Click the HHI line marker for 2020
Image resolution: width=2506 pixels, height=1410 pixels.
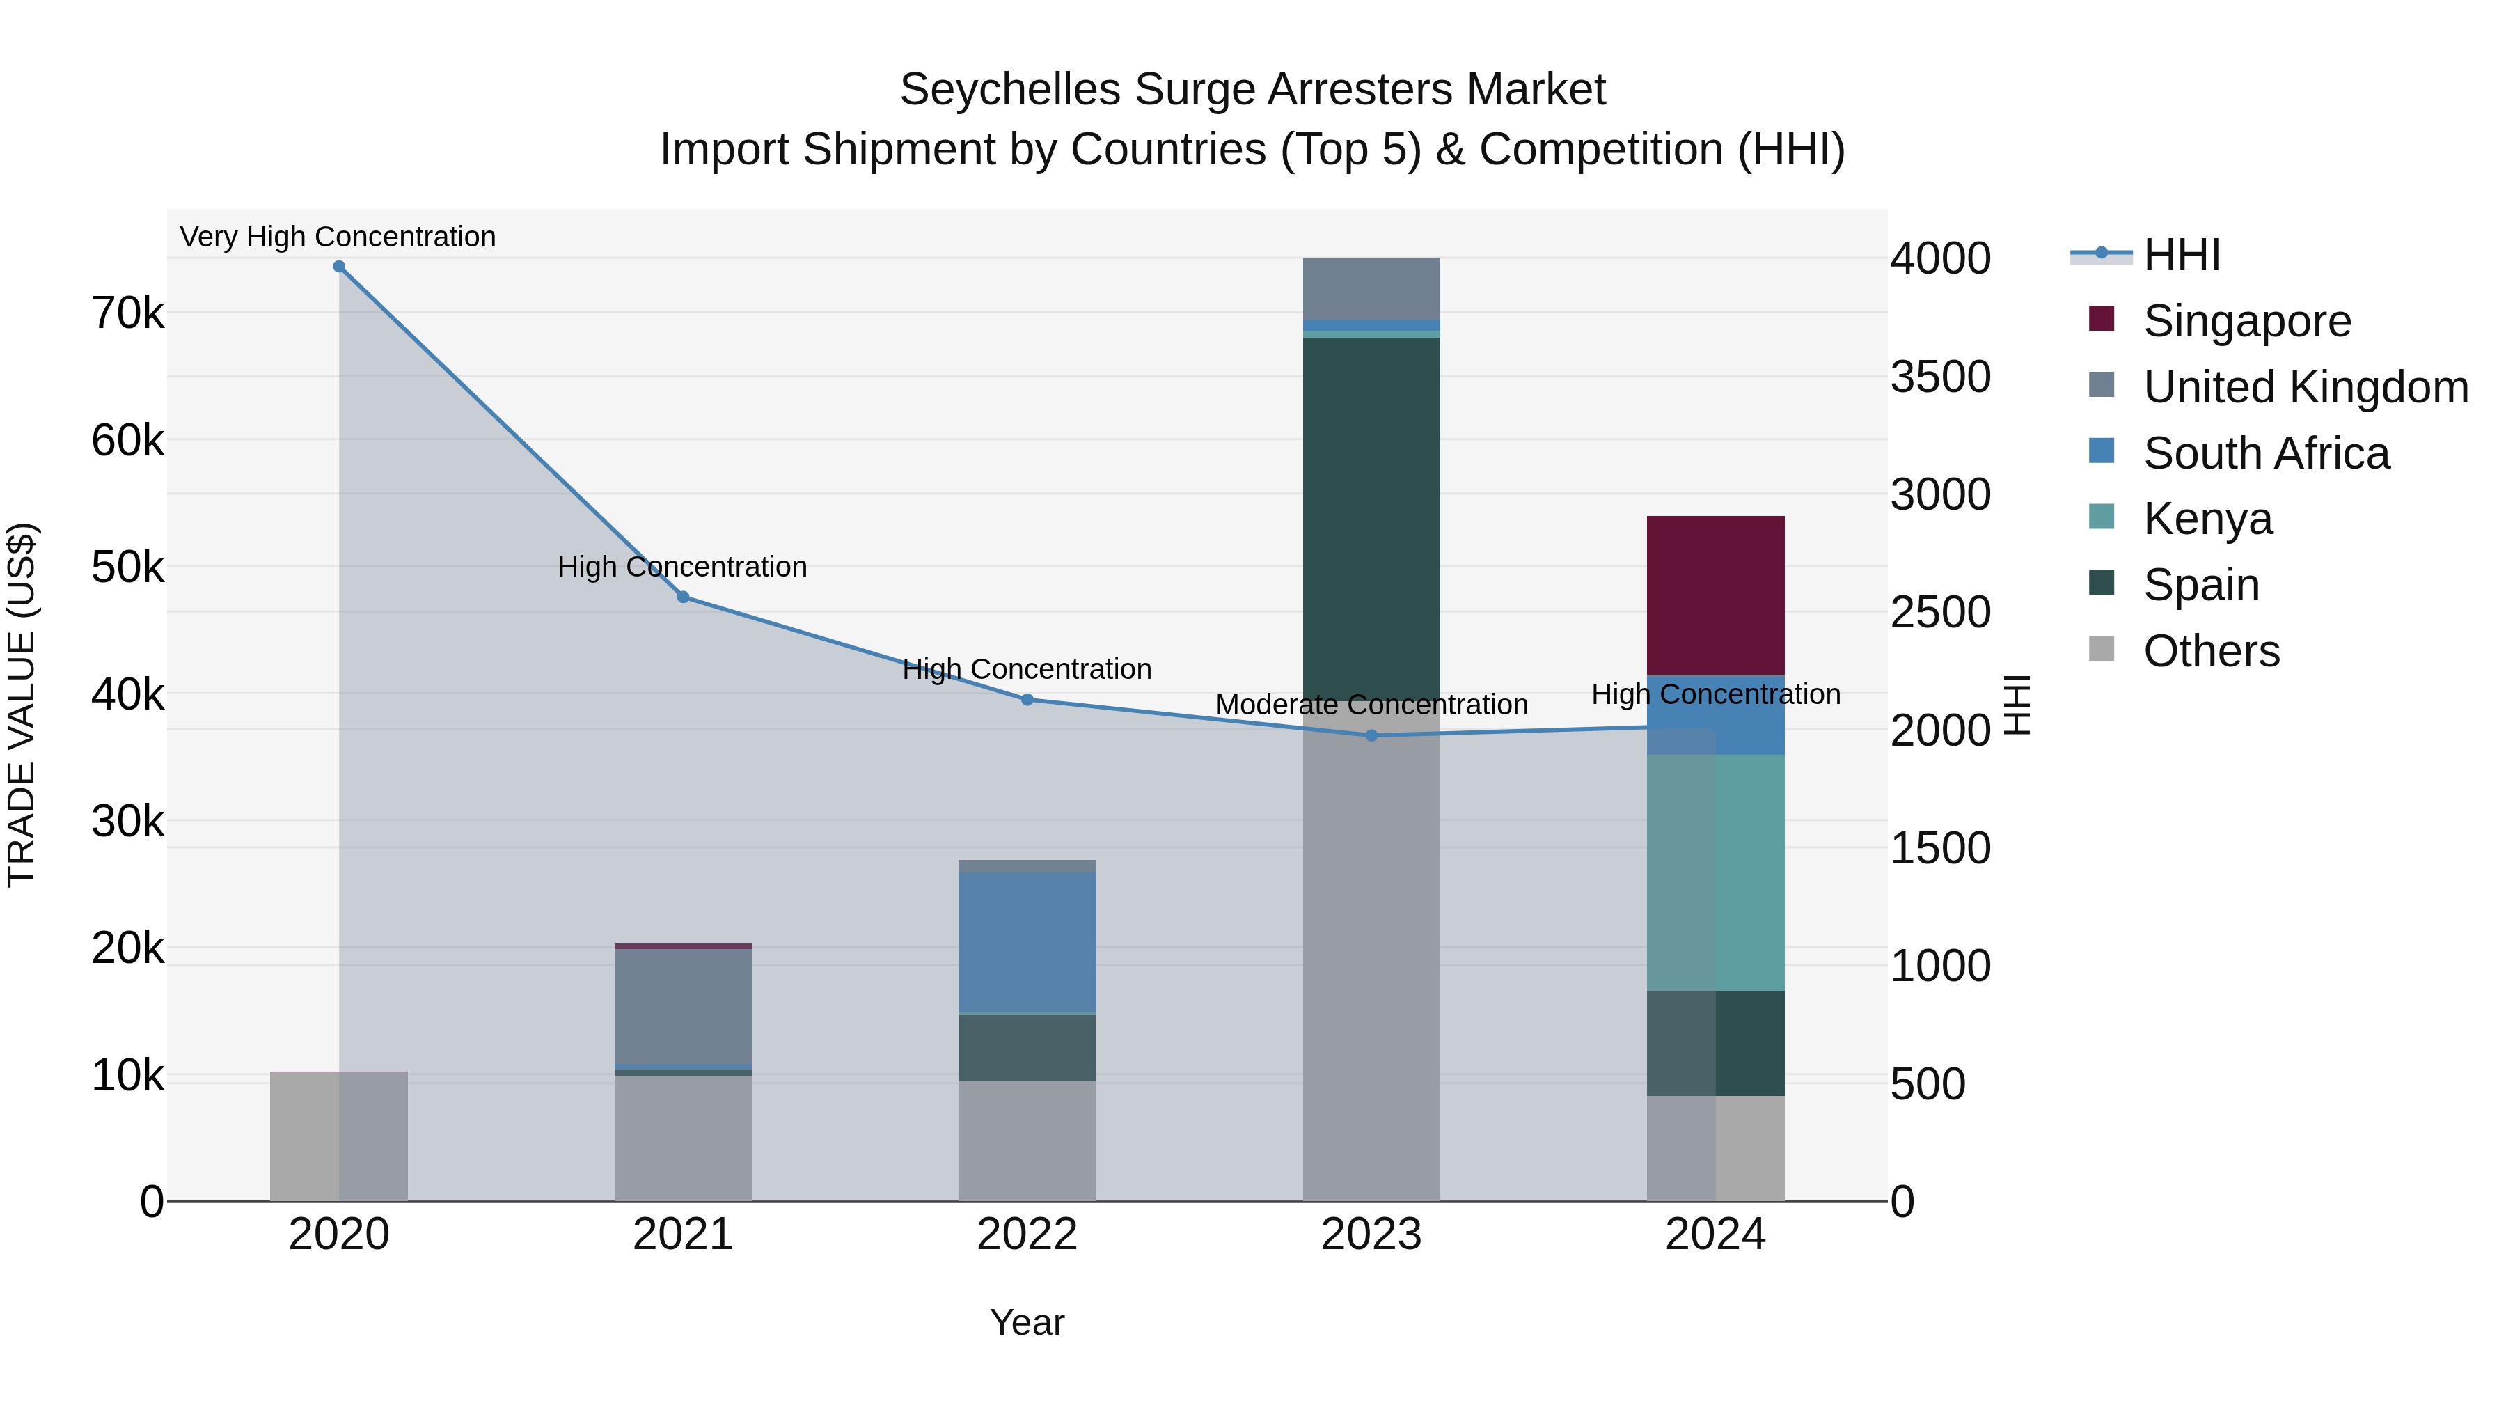point(338,267)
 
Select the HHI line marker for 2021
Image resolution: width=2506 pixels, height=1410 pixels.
point(683,597)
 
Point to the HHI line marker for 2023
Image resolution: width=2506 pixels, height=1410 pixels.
point(1371,736)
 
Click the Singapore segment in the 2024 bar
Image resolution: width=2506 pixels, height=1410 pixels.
point(1715,595)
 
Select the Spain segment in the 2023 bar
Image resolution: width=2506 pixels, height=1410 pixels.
point(1371,516)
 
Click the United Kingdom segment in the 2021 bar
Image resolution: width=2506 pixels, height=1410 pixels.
point(683,1007)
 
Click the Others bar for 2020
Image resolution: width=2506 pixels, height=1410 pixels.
point(338,1136)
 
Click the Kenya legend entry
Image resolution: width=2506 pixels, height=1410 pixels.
point(2207,519)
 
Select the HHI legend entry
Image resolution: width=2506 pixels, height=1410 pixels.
point(2181,255)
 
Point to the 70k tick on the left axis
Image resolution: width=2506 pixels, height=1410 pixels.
point(127,313)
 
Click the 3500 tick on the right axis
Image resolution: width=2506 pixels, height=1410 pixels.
point(1940,377)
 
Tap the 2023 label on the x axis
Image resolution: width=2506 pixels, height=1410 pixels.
point(1371,1235)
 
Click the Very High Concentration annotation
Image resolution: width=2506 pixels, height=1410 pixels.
point(338,237)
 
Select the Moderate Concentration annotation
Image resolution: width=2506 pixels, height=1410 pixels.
point(1371,705)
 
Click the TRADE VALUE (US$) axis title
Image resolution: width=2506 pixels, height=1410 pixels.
point(22,705)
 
